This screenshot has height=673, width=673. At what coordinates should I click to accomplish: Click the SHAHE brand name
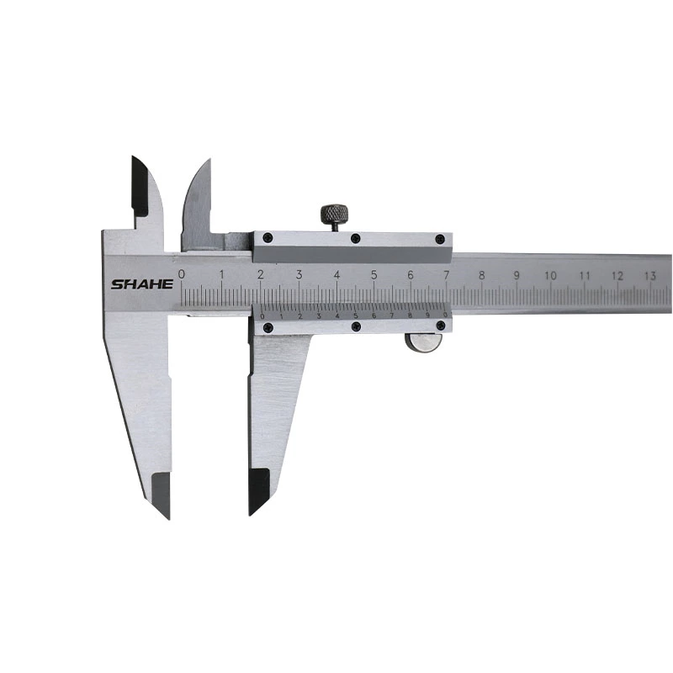click(141, 284)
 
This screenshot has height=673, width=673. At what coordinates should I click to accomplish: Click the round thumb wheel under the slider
click(423, 342)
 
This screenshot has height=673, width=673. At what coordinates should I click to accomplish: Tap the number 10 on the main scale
click(550, 275)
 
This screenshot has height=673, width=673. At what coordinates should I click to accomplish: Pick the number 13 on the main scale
click(649, 275)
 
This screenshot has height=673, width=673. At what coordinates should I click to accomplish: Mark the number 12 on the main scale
click(617, 275)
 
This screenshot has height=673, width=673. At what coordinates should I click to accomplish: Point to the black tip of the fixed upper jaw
click(140, 185)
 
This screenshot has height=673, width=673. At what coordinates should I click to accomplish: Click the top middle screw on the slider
click(355, 239)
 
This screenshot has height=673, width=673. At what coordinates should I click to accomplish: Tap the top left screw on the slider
click(268, 239)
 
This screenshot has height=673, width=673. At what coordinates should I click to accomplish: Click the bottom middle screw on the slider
click(356, 326)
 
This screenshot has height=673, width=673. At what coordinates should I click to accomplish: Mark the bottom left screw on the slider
click(268, 327)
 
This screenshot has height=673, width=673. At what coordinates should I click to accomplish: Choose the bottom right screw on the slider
click(440, 326)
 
